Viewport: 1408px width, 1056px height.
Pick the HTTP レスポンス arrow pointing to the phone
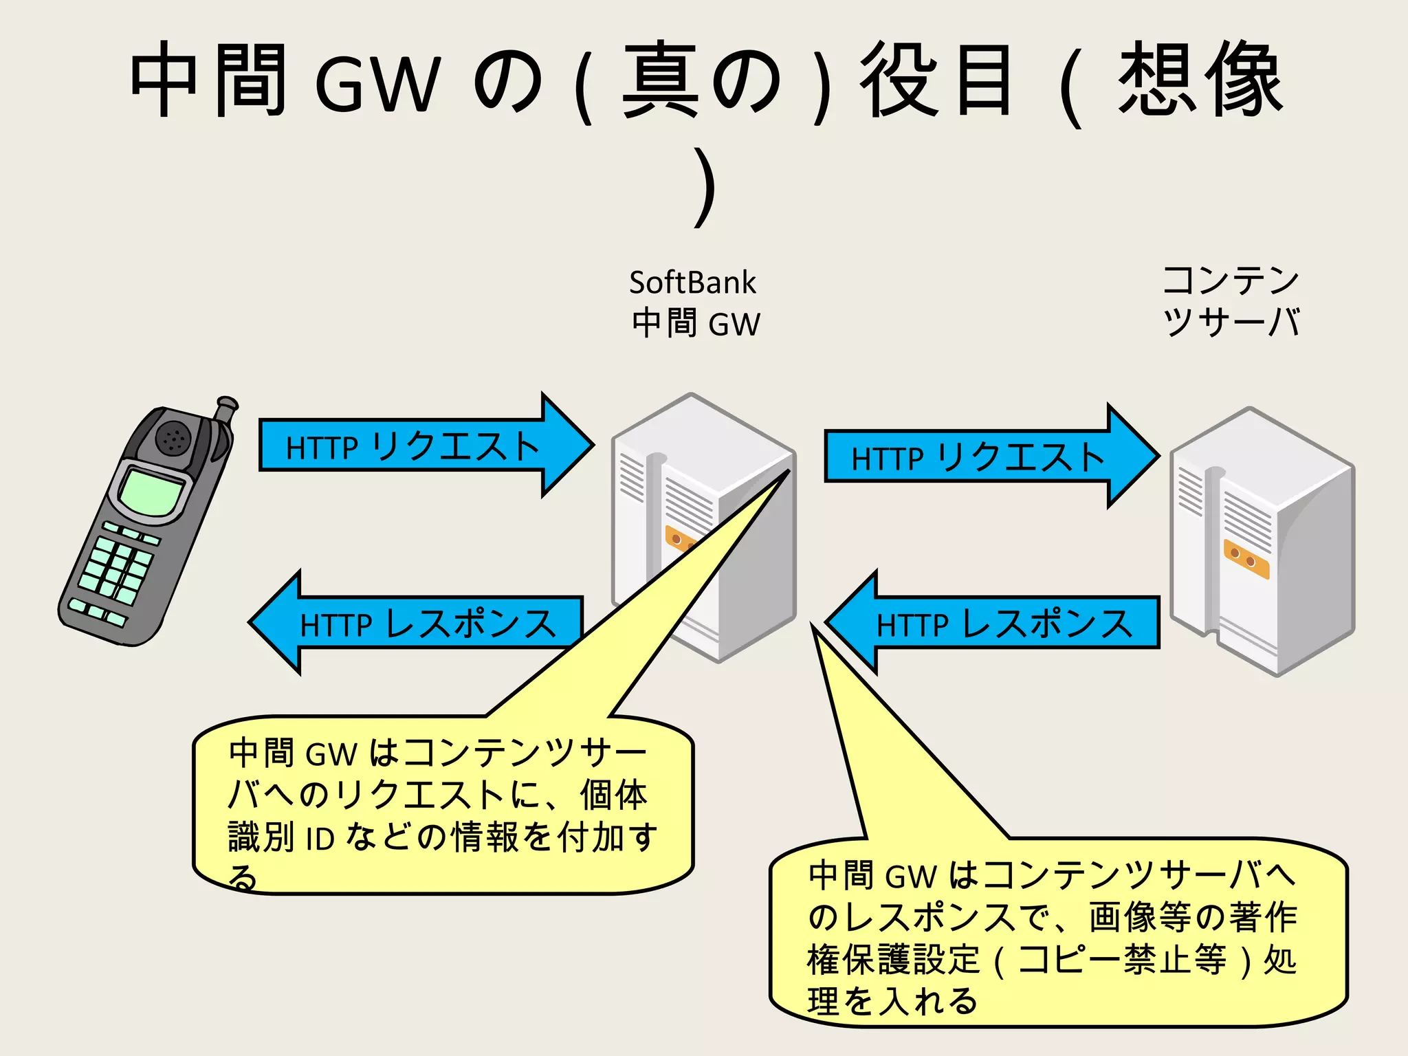pos(419,623)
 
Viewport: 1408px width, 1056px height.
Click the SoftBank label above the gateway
pos(692,283)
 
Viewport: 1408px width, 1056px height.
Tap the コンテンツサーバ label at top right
pos(1231,301)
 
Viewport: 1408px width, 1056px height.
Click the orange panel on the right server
pos(1246,558)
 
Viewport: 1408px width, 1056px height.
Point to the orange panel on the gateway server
pos(678,539)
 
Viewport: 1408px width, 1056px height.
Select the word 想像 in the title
pos(1200,79)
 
